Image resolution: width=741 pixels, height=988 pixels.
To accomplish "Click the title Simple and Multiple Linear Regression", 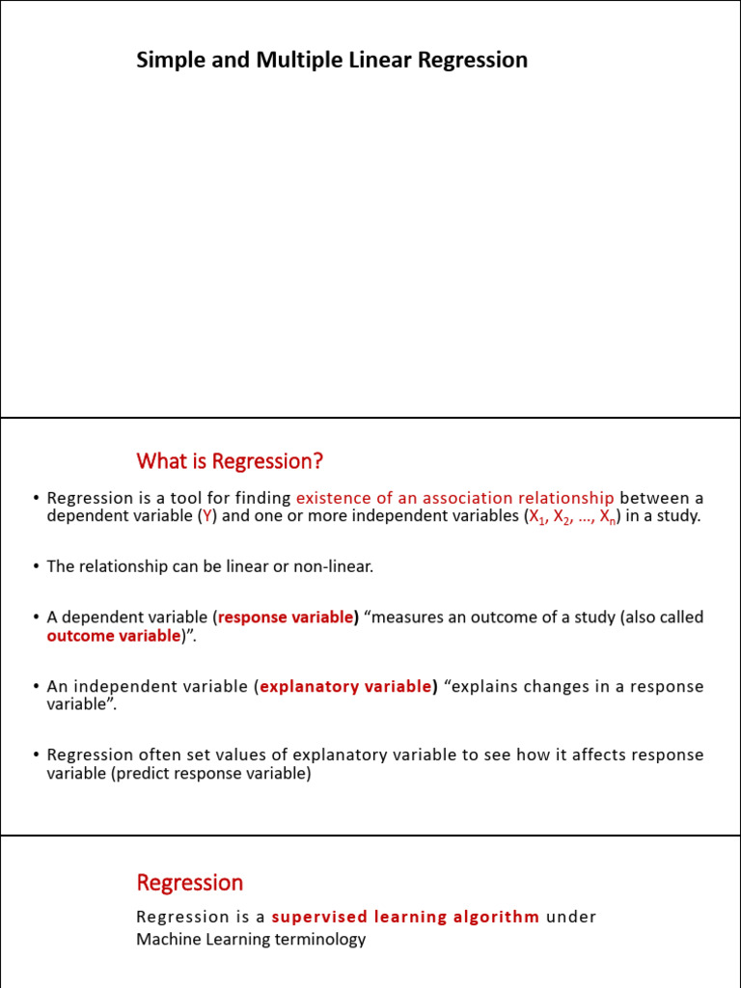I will [332, 61].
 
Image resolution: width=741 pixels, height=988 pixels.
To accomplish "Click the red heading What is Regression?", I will [230, 461].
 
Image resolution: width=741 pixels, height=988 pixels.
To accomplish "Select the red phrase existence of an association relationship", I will [454, 498].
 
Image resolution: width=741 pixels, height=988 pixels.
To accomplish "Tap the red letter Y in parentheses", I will [206, 516].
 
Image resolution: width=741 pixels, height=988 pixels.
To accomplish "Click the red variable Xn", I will [607, 517].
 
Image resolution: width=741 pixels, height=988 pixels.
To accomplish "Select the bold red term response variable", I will [286, 617].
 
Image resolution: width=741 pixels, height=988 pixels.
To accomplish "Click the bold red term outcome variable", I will [113, 636].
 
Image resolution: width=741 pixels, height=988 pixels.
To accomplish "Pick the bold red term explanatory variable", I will [345, 687].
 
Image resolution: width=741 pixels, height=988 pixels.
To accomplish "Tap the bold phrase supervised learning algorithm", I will [405, 917].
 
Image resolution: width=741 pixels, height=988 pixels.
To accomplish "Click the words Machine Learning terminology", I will [251, 939].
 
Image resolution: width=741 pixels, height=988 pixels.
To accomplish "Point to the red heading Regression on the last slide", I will [190, 883].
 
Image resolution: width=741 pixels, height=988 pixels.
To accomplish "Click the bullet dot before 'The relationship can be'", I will [36, 566].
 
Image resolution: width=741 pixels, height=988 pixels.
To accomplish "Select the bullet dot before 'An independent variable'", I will [36, 687].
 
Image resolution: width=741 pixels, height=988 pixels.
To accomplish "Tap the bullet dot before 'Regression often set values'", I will [36, 755].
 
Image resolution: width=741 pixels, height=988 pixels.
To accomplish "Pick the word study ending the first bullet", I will [678, 516].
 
